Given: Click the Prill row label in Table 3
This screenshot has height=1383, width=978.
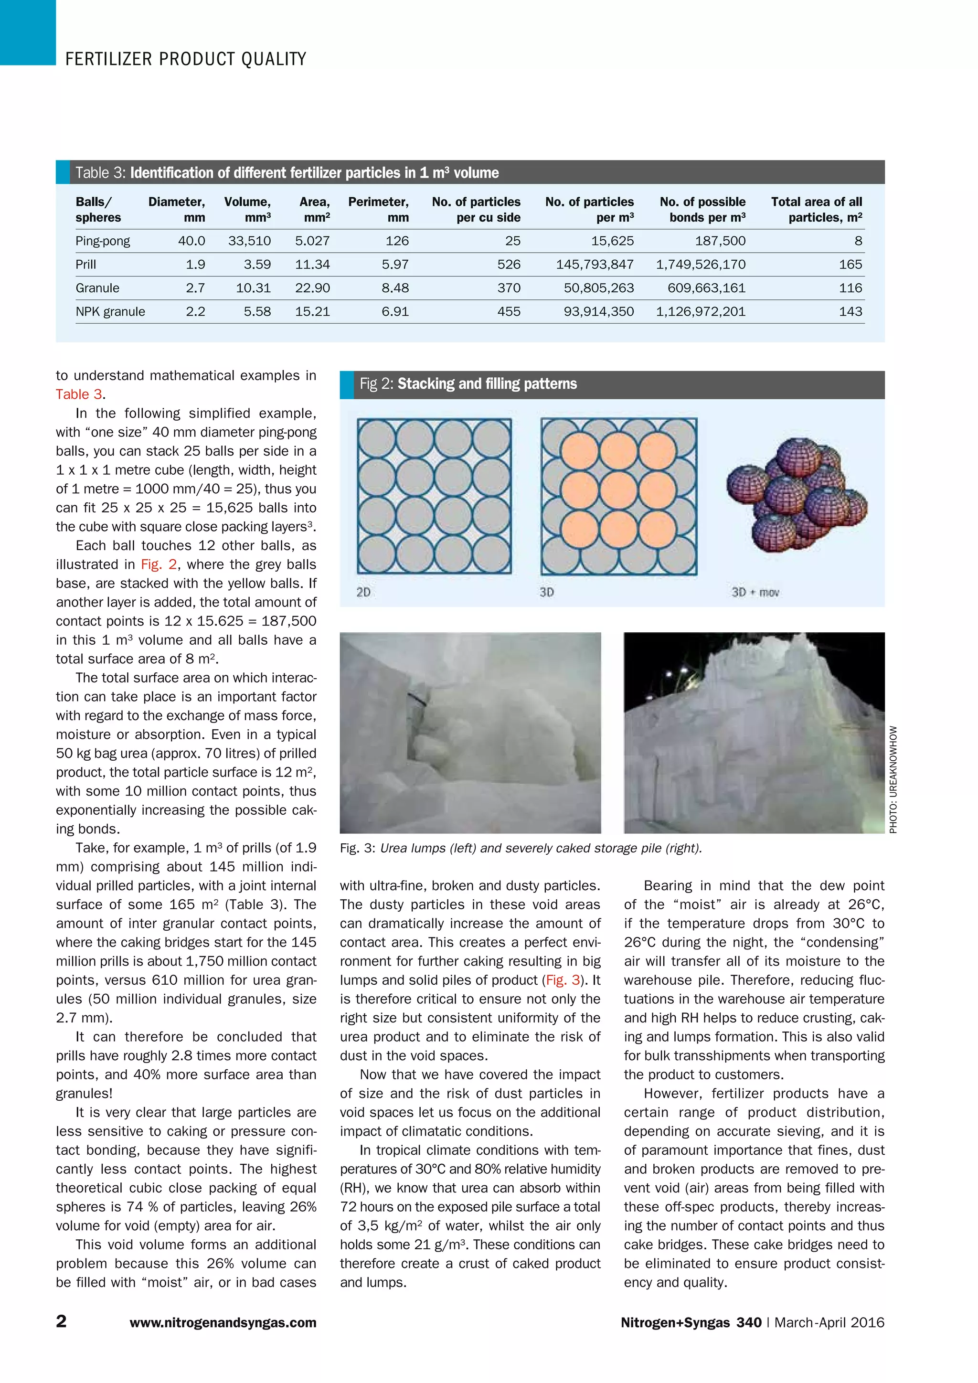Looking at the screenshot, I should pos(85,265).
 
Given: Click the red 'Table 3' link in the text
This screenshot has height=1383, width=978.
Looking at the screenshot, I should pos(79,394).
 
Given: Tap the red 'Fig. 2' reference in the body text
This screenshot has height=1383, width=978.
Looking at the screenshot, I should pos(159,564).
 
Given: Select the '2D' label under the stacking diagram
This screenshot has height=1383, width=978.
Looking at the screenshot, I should pos(363,592).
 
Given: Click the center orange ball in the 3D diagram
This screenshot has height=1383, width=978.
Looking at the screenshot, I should pos(618,489).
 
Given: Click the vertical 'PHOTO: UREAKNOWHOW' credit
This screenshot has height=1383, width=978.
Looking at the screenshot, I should pos(893,779).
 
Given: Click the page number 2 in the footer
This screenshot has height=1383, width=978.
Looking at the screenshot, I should pos(62,1321).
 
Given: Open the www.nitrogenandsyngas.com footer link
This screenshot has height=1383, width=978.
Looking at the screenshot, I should pos(223,1323).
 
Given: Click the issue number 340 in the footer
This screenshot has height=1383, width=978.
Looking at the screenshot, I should pos(749,1322).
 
